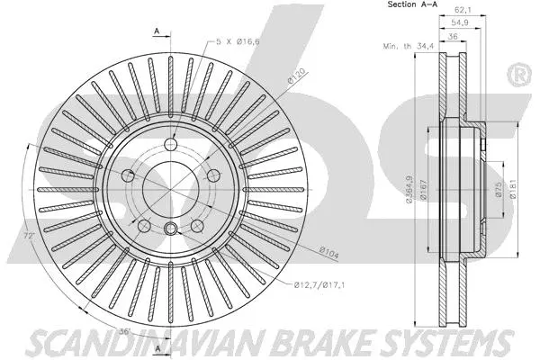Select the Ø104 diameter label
[329, 252]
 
